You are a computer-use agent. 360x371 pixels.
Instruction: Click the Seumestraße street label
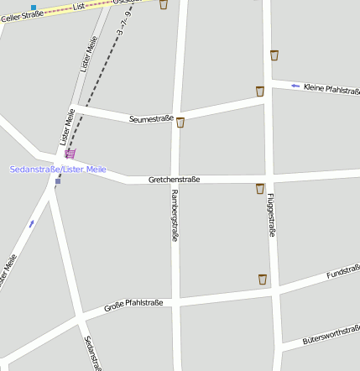151,119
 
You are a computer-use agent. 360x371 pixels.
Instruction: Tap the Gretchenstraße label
174,180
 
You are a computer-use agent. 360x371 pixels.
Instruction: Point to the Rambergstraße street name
175,216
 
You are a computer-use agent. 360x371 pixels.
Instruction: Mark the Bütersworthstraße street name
331,336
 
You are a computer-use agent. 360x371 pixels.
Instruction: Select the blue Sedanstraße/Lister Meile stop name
58,170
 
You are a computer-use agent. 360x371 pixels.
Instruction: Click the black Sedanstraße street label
92,353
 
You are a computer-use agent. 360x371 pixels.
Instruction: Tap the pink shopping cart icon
70,154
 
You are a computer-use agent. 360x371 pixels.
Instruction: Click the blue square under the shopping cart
58,181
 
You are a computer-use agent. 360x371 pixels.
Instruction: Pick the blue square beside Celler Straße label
34,7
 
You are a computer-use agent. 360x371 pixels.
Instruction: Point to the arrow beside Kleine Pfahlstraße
295,86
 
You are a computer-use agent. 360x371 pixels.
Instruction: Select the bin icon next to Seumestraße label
180,123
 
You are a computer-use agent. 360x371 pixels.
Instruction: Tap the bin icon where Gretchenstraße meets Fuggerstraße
260,189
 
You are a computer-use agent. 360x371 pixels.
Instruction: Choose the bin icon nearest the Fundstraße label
263,279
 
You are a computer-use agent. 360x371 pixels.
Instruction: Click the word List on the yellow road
80,7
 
